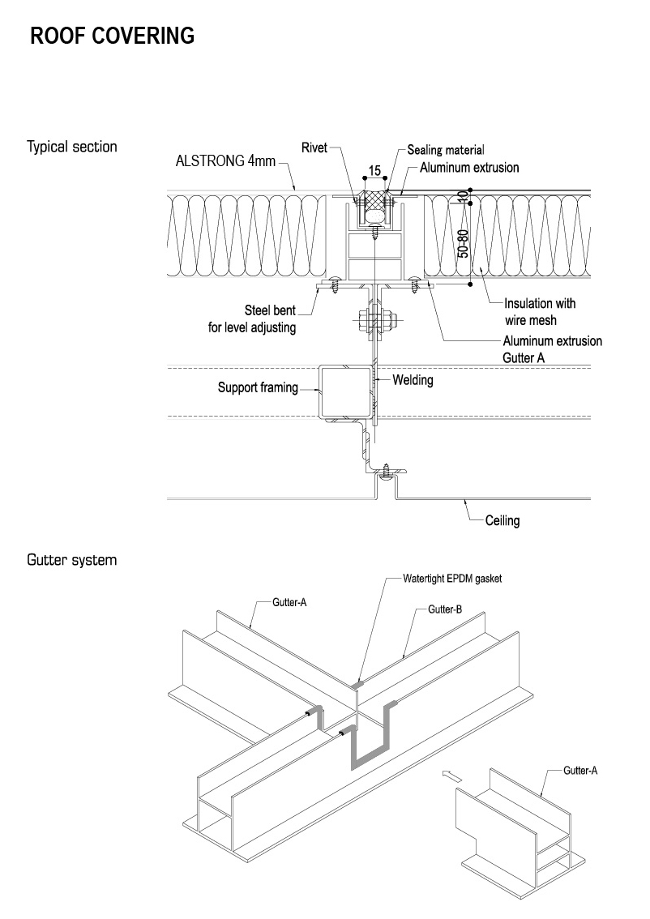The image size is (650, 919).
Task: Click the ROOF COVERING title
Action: [x=112, y=36]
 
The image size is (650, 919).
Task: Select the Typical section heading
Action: [x=72, y=147]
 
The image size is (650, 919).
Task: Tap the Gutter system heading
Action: [x=71, y=560]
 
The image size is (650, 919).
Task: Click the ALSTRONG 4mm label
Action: [x=225, y=160]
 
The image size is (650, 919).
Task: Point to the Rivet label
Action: [x=314, y=147]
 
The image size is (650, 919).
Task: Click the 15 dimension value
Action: [x=374, y=171]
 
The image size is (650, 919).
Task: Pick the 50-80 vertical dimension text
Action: [x=463, y=244]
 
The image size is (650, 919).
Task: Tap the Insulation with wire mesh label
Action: [x=540, y=312]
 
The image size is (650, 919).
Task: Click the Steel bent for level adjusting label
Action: [x=252, y=318]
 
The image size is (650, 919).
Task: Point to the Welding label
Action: [x=413, y=379]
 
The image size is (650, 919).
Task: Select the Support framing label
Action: [x=258, y=388]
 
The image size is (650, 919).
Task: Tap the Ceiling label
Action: [x=502, y=520]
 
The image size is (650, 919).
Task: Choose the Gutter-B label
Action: [x=445, y=609]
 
